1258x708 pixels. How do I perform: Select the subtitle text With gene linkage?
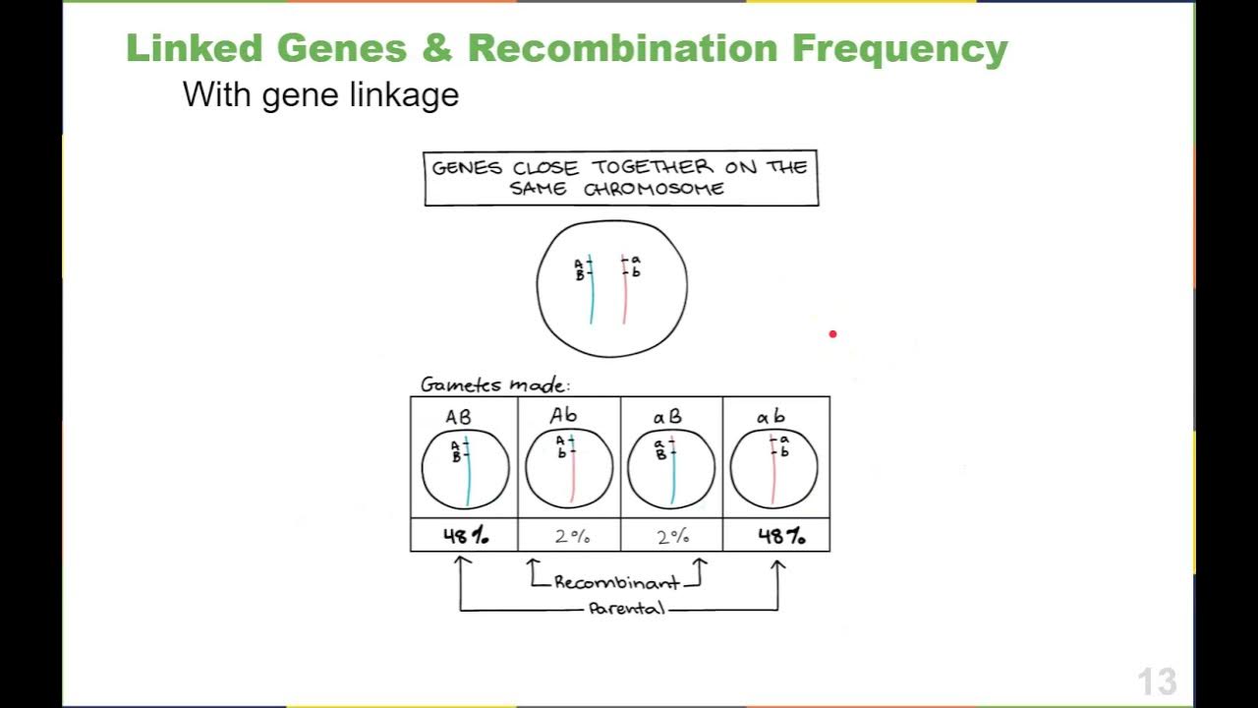(320, 94)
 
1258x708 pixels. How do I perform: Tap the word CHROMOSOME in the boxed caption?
(654, 189)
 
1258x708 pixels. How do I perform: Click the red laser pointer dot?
(832, 334)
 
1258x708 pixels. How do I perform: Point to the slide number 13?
(1157, 681)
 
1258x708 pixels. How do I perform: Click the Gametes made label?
(494, 384)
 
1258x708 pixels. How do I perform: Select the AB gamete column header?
(458, 417)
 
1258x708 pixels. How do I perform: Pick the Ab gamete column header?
(564, 416)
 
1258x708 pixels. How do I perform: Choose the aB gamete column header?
(667, 417)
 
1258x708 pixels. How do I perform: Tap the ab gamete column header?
(772, 417)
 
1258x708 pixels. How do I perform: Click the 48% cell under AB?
(465, 536)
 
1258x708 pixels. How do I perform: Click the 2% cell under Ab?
(571, 536)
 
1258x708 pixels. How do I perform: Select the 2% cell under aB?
(673, 536)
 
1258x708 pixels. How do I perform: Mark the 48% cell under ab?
(780, 536)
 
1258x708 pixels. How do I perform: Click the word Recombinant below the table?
(615, 582)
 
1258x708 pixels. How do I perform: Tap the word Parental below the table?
(626, 609)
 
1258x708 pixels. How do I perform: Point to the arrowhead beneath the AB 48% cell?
(461, 562)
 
